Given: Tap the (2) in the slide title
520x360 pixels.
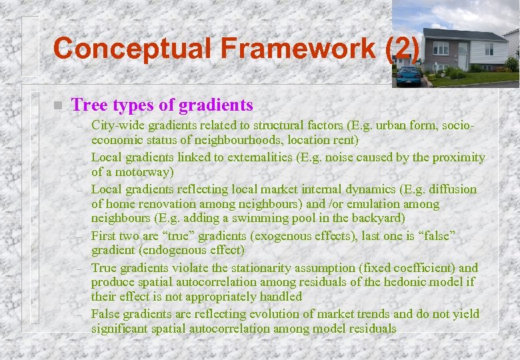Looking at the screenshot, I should click(403, 49).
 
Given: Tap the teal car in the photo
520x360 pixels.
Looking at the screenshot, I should click(408, 75).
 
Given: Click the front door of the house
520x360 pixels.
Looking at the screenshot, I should click(463, 56).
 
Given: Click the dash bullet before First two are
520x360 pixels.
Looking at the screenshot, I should click(79, 237).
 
